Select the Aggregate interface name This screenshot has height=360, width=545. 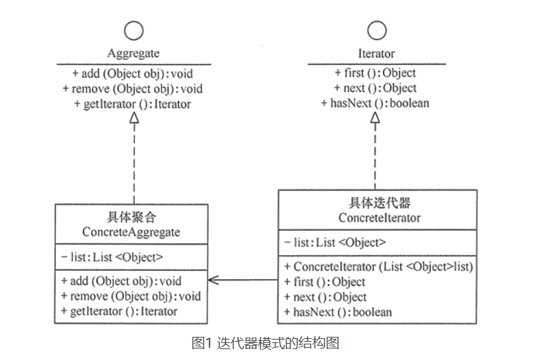pos(134,53)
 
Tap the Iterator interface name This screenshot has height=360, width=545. pos(376,53)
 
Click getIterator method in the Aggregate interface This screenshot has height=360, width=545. pos(133,104)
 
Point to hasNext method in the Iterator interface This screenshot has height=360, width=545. pos(376,103)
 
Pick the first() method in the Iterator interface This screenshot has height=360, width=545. pos(376,73)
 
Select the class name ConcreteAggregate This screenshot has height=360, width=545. pos(131,232)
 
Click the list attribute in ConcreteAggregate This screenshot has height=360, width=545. pos(112,257)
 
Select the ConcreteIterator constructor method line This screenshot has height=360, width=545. pos(378,267)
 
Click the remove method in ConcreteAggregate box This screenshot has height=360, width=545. pos(131,296)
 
